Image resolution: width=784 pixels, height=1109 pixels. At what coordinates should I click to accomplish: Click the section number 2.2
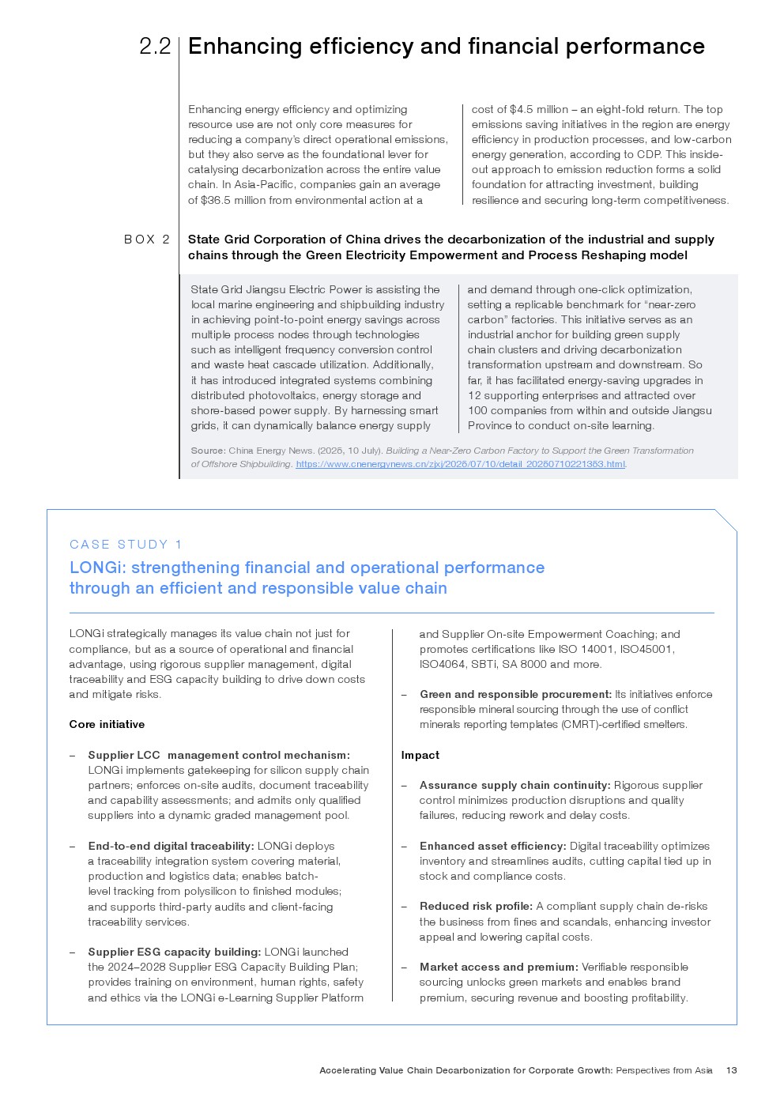(155, 47)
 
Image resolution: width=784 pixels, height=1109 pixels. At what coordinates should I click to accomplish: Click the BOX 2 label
(147, 240)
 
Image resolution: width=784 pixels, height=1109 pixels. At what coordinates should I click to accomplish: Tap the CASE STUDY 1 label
(126, 545)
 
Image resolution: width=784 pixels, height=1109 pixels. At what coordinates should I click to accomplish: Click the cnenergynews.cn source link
(460, 465)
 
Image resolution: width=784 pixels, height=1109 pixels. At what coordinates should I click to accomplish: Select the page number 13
(731, 1070)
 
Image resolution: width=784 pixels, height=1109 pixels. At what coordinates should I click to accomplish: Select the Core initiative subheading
(107, 724)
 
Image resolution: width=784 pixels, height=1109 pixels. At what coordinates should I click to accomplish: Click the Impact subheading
(420, 755)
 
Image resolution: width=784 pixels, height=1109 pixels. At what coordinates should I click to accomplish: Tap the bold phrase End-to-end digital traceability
(171, 846)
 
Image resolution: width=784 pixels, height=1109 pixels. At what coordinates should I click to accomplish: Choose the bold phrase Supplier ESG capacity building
(174, 952)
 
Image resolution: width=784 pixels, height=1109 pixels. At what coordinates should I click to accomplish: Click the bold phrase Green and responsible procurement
(515, 694)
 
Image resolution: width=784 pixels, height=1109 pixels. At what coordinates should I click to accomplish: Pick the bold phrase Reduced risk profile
(476, 906)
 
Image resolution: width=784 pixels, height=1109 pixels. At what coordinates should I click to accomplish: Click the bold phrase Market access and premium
(499, 967)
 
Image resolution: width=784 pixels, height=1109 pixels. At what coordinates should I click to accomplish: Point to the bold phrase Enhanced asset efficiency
(492, 846)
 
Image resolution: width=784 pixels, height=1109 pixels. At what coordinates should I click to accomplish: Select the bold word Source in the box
(208, 451)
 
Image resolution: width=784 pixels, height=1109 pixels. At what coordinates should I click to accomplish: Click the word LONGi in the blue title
(97, 568)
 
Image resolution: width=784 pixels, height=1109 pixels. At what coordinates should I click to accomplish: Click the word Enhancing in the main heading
(245, 47)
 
